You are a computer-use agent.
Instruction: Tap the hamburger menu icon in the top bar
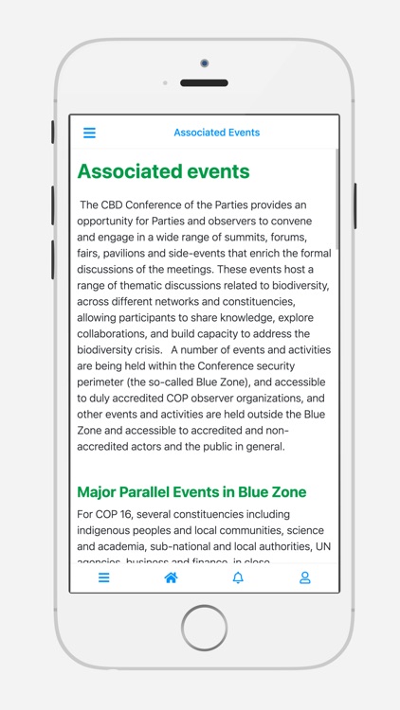pyautogui.click(x=89, y=133)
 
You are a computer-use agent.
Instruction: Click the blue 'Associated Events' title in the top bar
pyautogui.click(x=216, y=133)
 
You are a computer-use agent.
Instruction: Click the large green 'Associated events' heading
pyautogui.click(x=163, y=171)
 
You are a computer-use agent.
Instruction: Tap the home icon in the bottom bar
pyautogui.click(x=171, y=577)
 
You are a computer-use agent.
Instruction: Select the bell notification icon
pyautogui.click(x=238, y=577)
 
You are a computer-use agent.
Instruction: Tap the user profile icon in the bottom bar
pyautogui.click(x=305, y=577)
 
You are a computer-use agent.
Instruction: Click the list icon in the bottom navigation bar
pyautogui.click(x=104, y=577)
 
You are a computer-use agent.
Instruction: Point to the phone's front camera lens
pyautogui.click(x=204, y=63)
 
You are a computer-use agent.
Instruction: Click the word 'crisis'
pyautogui.click(x=180, y=350)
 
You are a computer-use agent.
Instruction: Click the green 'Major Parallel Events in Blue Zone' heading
pyautogui.click(x=191, y=492)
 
